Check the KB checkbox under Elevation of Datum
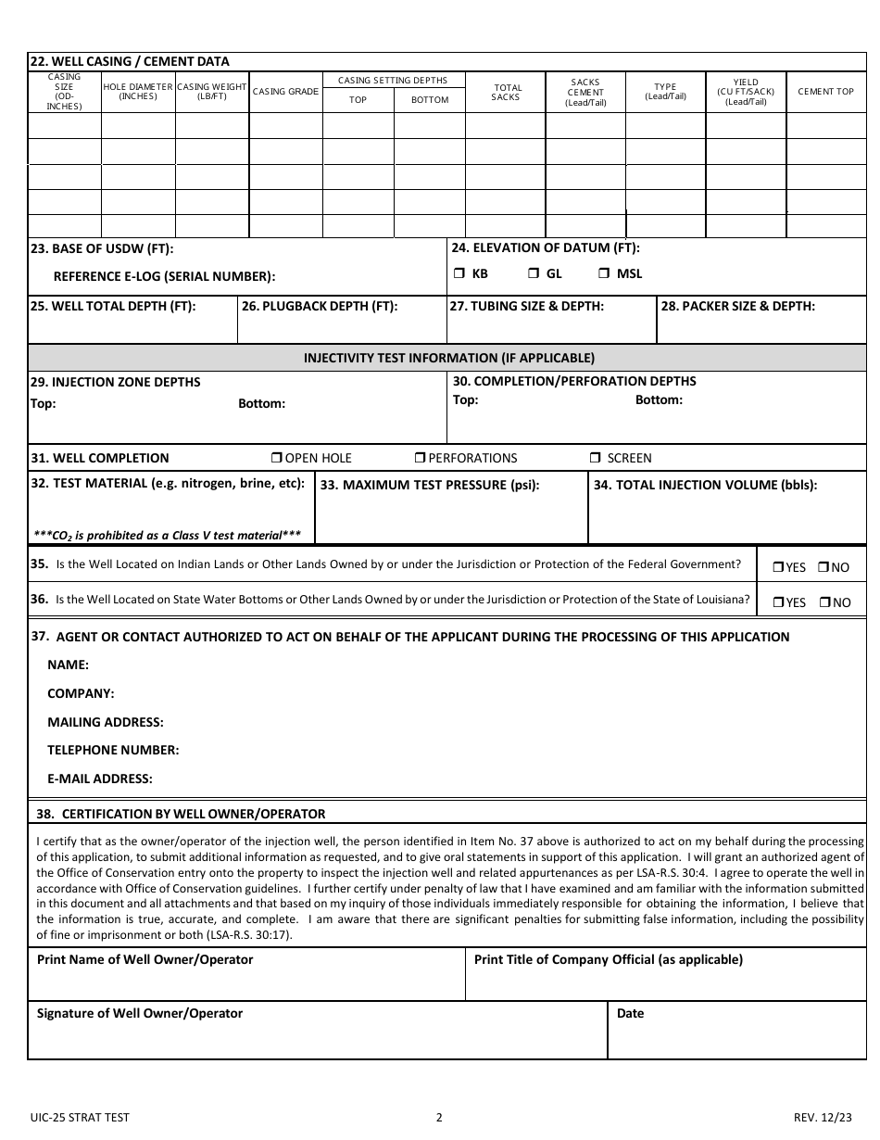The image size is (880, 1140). coord(459,273)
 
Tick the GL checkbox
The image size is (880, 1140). coord(534,273)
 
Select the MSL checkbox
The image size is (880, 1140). coord(603,273)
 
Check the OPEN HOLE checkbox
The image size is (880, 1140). coord(276,458)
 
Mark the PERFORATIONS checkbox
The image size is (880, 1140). coord(420,458)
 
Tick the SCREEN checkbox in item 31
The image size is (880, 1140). coord(595,458)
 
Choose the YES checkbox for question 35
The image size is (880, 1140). coord(778,567)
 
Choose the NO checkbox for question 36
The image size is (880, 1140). coord(823,602)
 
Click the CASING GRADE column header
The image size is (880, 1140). coord(285,92)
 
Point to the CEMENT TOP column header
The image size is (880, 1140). coord(825,92)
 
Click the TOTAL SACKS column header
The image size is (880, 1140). coord(506,93)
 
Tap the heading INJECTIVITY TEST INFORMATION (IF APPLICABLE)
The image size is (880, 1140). coord(449,358)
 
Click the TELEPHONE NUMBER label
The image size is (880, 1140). coord(113,750)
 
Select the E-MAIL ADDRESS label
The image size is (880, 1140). coord(100,779)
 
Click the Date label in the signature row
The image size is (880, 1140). coord(630,1013)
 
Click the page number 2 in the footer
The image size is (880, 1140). coord(439,1117)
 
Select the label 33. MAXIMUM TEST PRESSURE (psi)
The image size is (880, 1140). coord(429,485)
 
